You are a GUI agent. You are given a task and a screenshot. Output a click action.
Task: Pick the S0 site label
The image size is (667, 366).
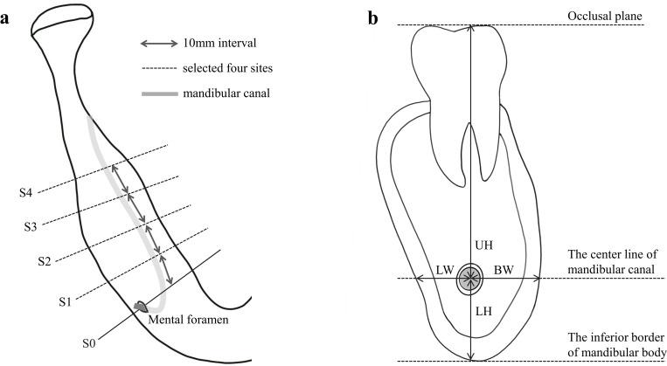(x=88, y=341)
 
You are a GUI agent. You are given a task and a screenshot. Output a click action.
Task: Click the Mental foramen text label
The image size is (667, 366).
(x=191, y=321)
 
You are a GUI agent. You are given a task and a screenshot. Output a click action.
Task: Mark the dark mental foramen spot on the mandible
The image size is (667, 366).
(x=140, y=307)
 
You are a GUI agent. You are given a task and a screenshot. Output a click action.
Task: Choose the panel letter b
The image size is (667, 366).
(x=373, y=17)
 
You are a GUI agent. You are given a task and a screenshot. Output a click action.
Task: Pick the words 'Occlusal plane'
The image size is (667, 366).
(x=605, y=16)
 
